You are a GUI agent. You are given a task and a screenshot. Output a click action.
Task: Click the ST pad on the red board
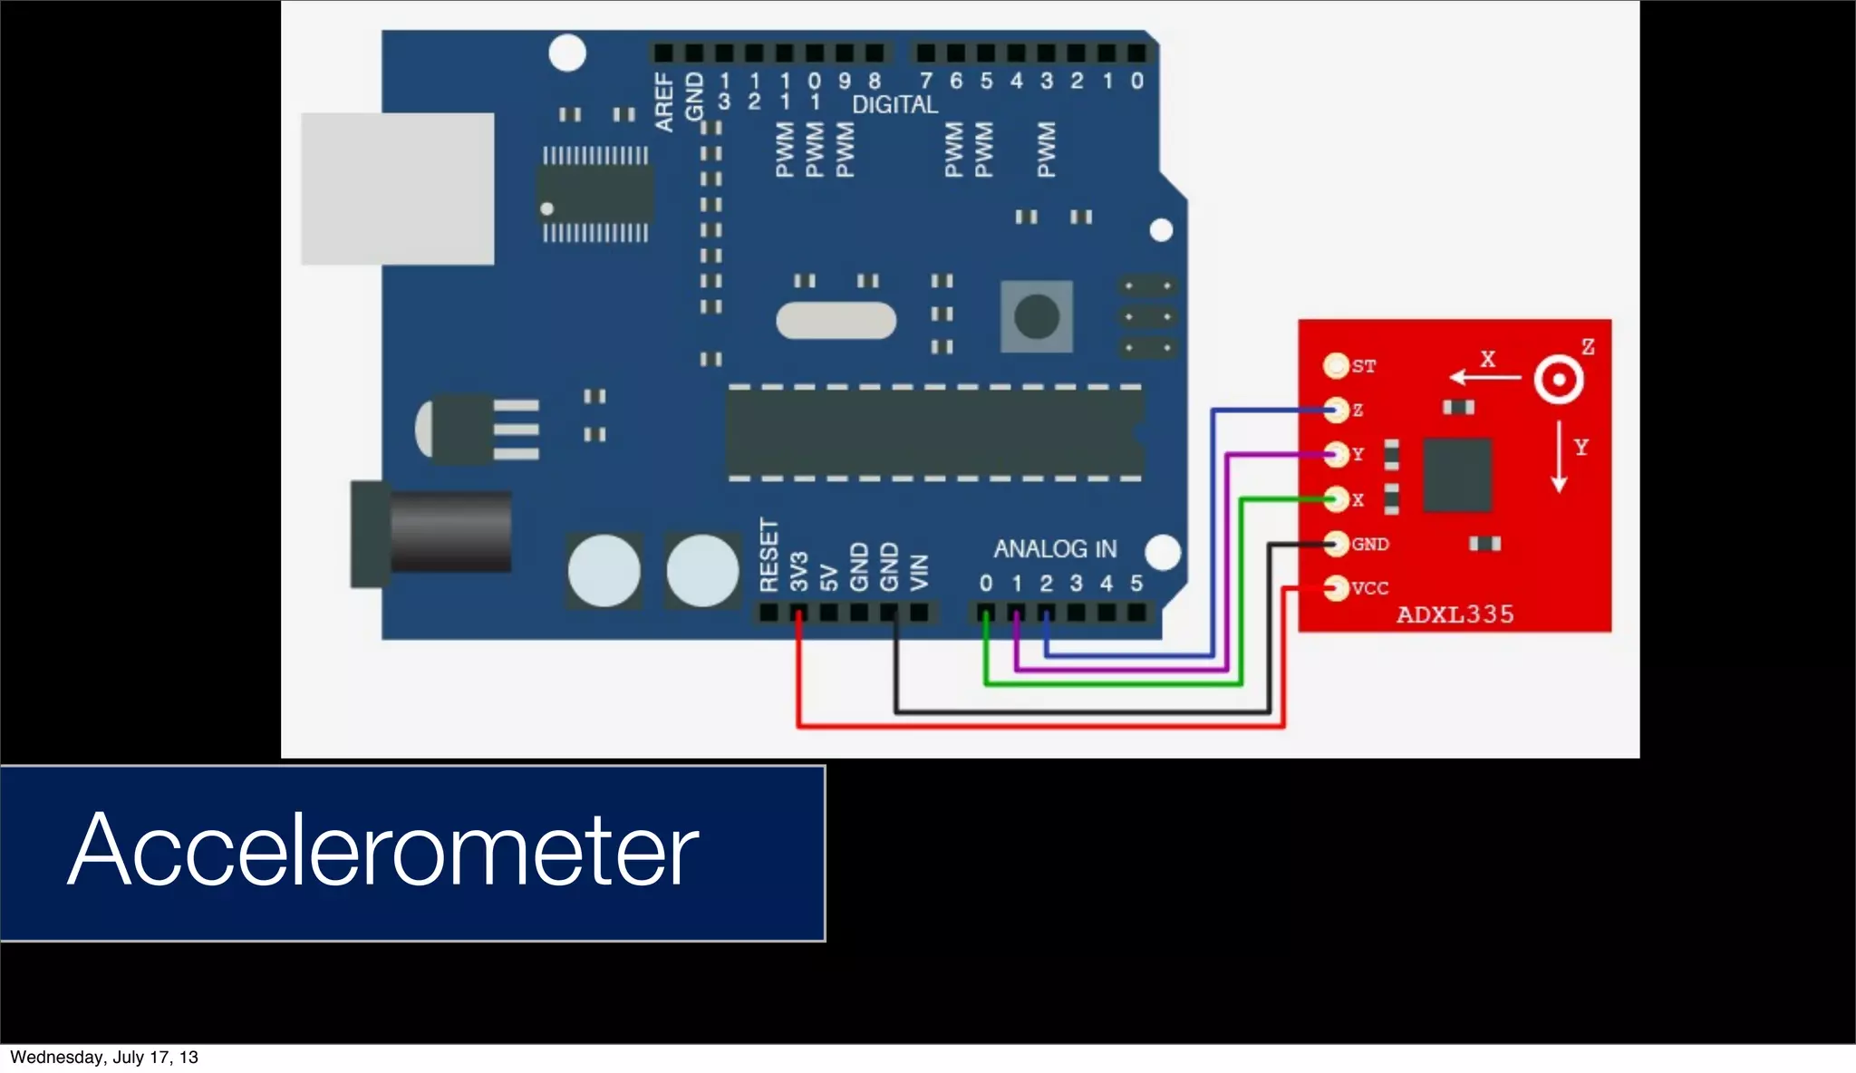point(1336,366)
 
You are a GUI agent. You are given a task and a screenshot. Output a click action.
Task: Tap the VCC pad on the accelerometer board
point(1336,588)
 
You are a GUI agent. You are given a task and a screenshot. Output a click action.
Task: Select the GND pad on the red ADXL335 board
point(1336,544)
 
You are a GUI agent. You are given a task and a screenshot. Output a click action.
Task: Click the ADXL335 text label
point(1455,614)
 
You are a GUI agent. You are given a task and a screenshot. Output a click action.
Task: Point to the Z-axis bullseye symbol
point(1559,380)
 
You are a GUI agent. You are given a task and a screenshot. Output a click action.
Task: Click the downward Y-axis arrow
point(1559,456)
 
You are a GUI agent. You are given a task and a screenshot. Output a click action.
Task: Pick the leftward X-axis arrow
point(1484,377)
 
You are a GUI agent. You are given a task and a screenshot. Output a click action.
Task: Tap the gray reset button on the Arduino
point(1037,316)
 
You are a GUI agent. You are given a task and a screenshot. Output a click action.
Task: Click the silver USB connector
point(397,188)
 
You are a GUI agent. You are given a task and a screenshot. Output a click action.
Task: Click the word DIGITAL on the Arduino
point(894,105)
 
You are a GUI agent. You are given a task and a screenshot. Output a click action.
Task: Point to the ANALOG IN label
point(1055,549)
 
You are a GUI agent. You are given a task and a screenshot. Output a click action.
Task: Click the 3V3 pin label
point(798,571)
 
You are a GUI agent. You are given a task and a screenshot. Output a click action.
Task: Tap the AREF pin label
point(664,103)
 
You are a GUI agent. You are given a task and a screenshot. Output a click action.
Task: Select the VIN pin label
point(919,573)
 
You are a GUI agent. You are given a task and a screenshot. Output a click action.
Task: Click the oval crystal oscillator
point(836,321)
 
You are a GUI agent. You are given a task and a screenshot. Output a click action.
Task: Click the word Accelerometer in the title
point(382,849)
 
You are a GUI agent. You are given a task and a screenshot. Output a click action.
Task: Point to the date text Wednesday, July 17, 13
point(103,1057)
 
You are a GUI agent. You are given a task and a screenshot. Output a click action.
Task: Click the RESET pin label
point(768,555)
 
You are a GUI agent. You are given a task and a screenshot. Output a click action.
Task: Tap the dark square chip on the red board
point(1456,475)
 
